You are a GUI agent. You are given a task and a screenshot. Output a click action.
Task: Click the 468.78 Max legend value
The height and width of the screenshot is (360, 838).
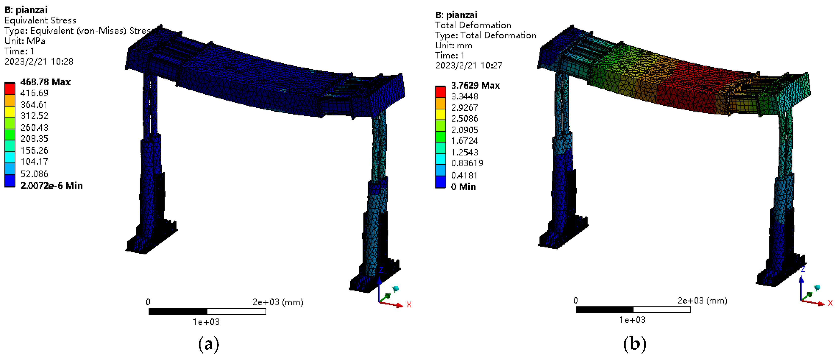[45, 82]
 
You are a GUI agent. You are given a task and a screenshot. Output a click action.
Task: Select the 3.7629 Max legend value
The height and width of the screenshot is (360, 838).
[475, 85]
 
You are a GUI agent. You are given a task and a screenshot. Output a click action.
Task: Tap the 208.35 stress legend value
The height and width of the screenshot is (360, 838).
[34, 138]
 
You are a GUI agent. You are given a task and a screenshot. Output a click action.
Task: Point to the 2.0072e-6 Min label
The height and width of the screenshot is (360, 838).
[51, 186]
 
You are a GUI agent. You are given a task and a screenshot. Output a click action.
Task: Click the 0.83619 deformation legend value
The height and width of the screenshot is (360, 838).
[467, 163]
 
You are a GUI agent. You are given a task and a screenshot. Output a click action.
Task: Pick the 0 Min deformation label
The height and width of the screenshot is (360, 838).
[463, 187]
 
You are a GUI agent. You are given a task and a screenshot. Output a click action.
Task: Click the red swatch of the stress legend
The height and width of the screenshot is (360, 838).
[10, 88]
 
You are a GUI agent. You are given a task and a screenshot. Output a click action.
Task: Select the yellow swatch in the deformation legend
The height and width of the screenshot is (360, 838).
[441, 114]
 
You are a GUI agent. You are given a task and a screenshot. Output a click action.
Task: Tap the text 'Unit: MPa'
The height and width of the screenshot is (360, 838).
[25, 41]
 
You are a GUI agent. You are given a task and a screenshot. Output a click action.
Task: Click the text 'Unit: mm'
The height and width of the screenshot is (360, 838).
[453, 45]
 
